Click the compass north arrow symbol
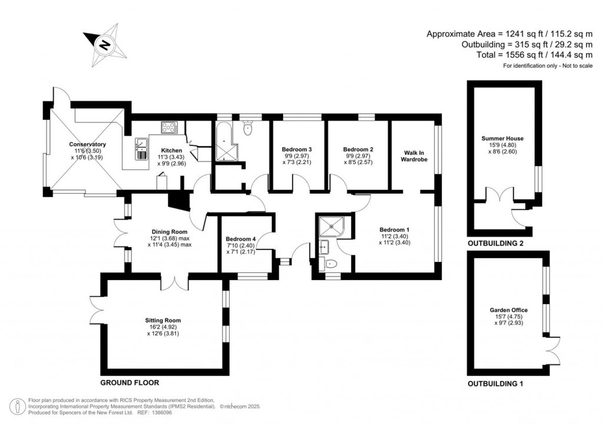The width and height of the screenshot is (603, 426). click(x=105, y=45)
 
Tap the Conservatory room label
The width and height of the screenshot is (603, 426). click(x=87, y=144)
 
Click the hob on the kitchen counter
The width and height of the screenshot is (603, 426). click(x=170, y=127)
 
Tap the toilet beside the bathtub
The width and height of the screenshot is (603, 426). click(x=247, y=128)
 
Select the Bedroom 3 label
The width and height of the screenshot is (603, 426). click(x=297, y=149)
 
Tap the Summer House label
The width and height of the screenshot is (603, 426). click(x=502, y=138)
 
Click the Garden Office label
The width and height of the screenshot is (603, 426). click(x=508, y=310)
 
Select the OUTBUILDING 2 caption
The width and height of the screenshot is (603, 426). click(x=495, y=243)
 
